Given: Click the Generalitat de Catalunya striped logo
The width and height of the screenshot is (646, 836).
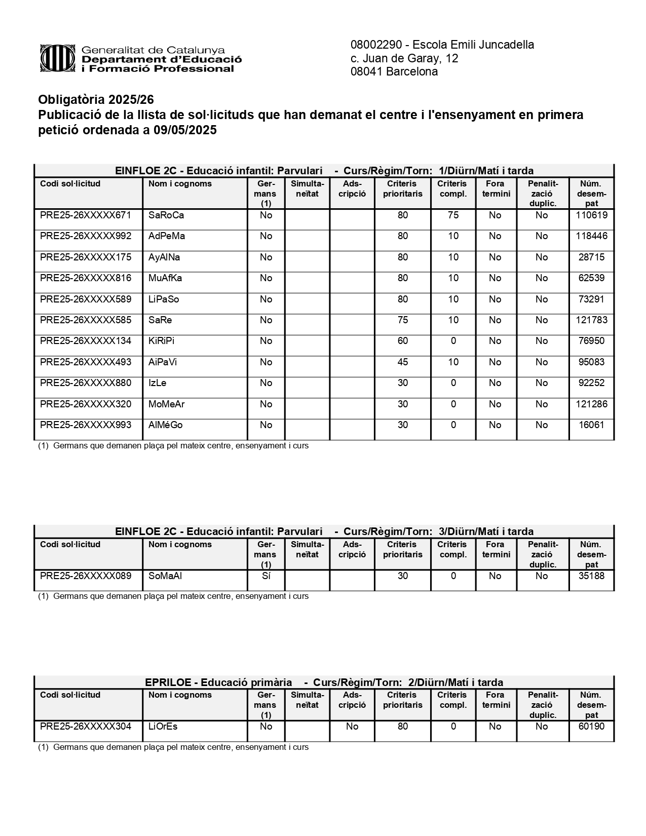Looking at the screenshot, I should [58, 59].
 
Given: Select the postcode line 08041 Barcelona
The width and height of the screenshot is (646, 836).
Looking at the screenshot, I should [394, 72].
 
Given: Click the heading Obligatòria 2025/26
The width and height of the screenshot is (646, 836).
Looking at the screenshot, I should [96, 99].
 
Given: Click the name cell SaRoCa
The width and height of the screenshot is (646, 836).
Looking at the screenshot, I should [166, 215].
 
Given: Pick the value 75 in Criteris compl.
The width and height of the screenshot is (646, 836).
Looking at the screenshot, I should [453, 215].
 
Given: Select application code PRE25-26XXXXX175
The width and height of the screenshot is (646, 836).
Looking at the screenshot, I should [86, 257].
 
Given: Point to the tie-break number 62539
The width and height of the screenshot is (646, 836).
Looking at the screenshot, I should [591, 278].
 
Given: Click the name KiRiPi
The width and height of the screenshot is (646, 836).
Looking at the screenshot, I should [161, 341].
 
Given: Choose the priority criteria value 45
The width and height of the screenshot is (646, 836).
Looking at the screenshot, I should [403, 362].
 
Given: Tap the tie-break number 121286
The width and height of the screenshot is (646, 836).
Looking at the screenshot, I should [591, 404].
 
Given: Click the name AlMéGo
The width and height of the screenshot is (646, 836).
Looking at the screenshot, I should [165, 425].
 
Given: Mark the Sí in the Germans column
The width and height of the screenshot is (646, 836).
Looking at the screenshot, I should [266, 576].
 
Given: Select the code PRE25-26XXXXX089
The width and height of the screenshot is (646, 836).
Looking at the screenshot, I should [86, 576].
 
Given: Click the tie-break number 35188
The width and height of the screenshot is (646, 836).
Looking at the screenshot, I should [591, 576].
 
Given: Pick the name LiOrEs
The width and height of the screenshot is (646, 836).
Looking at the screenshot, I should [163, 727].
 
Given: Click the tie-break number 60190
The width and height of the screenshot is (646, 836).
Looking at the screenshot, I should [591, 727].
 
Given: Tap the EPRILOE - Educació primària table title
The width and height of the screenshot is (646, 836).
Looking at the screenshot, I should [218, 682].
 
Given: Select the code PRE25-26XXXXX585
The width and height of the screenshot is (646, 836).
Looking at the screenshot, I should [86, 320].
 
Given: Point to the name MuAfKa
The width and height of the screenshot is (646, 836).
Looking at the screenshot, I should [165, 278].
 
